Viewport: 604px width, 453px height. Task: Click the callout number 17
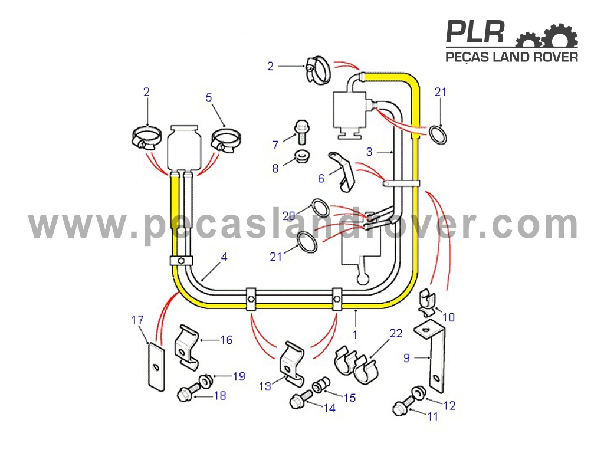[137, 320]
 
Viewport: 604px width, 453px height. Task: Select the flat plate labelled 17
[156, 367]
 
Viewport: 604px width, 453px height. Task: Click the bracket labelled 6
[342, 171]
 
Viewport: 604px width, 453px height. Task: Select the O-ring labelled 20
[320, 208]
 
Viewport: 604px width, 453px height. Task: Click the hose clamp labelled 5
[225, 140]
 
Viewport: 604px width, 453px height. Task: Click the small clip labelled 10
[427, 301]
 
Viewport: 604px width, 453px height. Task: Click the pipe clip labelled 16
[186, 347]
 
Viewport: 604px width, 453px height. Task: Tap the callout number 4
[224, 257]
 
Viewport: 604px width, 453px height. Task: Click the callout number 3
[369, 152]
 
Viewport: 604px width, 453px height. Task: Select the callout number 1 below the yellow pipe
[355, 334]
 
